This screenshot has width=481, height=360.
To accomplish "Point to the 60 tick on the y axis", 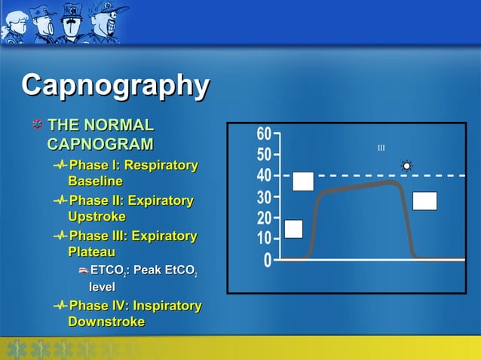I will [x=263, y=135].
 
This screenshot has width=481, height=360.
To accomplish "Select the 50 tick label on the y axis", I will [x=263, y=156].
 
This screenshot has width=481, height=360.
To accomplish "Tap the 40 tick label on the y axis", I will [x=263, y=176].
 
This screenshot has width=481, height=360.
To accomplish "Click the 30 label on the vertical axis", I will [x=263, y=198].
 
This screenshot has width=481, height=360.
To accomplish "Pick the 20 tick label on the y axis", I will [x=263, y=219].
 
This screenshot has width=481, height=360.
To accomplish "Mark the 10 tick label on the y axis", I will [x=263, y=239].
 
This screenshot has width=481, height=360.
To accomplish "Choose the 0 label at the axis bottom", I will [x=268, y=261].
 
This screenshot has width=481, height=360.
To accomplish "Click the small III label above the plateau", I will [x=381, y=148].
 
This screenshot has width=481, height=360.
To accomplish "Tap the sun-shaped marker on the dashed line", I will [x=407, y=166].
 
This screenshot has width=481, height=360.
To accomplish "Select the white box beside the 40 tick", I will [x=303, y=182].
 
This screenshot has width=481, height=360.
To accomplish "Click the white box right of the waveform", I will [x=424, y=201].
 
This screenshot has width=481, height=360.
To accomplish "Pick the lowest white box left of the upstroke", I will [x=293, y=229].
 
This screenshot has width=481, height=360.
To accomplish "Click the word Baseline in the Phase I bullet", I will [x=95, y=182].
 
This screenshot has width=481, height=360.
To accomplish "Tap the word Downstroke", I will [x=106, y=322].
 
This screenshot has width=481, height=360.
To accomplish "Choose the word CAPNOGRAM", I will [x=100, y=144].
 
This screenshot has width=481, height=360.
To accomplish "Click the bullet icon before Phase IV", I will [x=60, y=306].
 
